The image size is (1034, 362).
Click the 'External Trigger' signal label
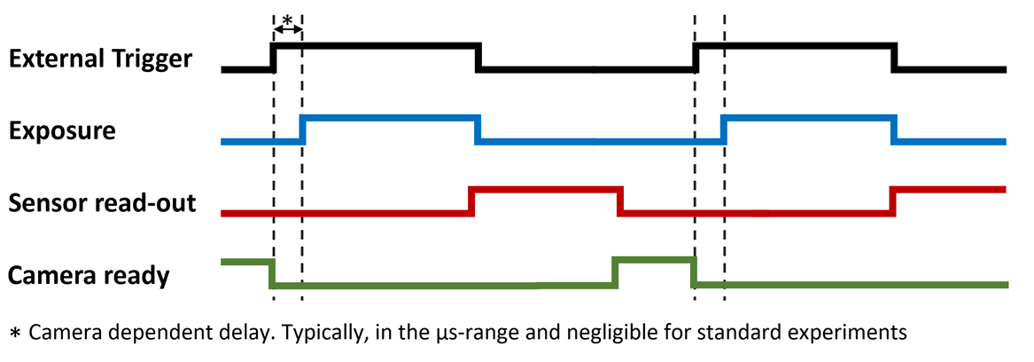click(99, 59)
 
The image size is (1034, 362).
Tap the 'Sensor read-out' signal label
click(101, 203)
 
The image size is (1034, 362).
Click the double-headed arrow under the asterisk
click(287, 28)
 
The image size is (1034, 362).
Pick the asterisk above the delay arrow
click(287, 17)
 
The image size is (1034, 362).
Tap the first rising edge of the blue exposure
click(303, 130)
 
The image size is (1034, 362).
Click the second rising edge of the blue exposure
click(724, 130)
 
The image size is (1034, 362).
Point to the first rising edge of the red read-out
click(471, 201)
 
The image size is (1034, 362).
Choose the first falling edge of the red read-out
click(620, 201)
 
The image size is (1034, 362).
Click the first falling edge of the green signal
click(272, 273)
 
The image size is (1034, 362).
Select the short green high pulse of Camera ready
click(655, 260)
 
